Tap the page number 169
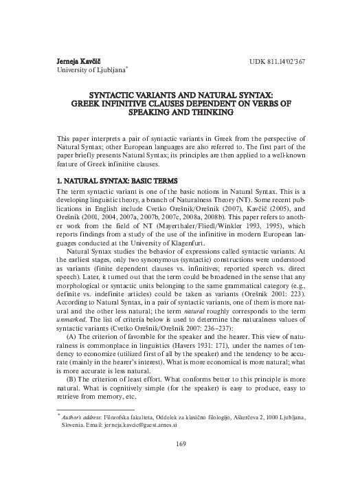coord(180,462)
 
